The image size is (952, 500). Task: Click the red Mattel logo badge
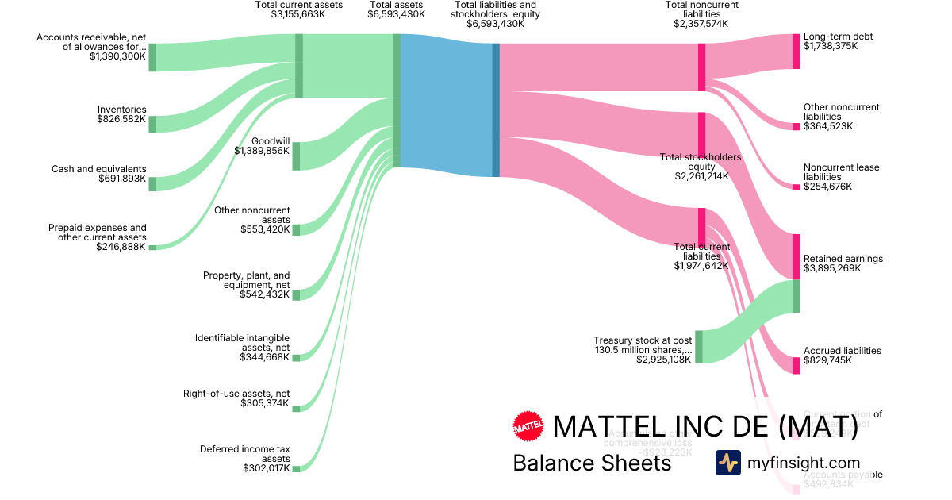click(x=528, y=426)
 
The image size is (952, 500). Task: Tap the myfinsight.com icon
click(x=728, y=463)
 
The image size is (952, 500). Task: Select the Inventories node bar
click(x=152, y=124)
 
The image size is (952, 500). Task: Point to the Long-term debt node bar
click(x=797, y=51)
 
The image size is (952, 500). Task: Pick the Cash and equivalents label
click(x=99, y=169)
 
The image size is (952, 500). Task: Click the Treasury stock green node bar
click(x=699, y=347)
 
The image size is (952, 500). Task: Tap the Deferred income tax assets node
click(x=296, y=469)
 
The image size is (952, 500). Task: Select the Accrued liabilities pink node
click(x=797, y=365)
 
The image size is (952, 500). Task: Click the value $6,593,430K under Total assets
click(x=396, y=14)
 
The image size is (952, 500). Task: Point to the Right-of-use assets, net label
click(x=236, y=394)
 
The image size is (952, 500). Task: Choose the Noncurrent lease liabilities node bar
click(x=797, y=187)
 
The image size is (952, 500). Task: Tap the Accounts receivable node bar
click(x=152, y=57)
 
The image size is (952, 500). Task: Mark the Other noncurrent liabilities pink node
click(x=797, y=126)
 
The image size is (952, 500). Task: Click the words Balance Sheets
click(x=592, y=463)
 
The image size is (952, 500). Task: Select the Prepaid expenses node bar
click(x=152, y=248)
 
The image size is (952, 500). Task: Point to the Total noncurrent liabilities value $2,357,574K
click(x=701, y=24)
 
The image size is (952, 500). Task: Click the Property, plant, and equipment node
click(x=296, y=294)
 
